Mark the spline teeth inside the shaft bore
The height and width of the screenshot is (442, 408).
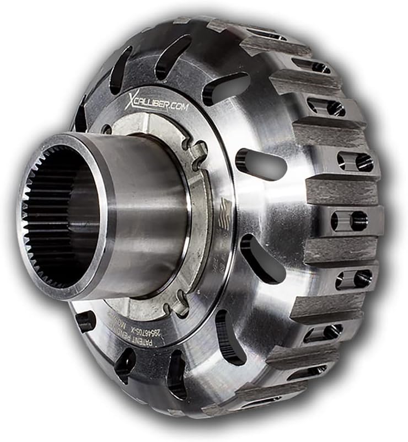[39, 221]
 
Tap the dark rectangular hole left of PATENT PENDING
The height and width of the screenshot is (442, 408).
[86, 321]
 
